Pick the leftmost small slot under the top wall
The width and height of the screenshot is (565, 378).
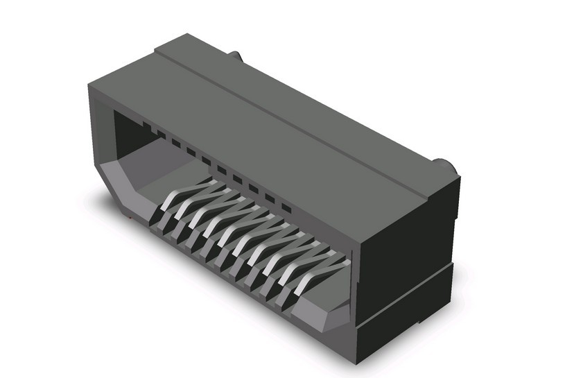coord(146,126)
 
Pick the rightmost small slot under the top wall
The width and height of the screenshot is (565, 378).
coord(285,207)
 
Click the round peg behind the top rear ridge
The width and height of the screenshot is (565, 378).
coord(235,56)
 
